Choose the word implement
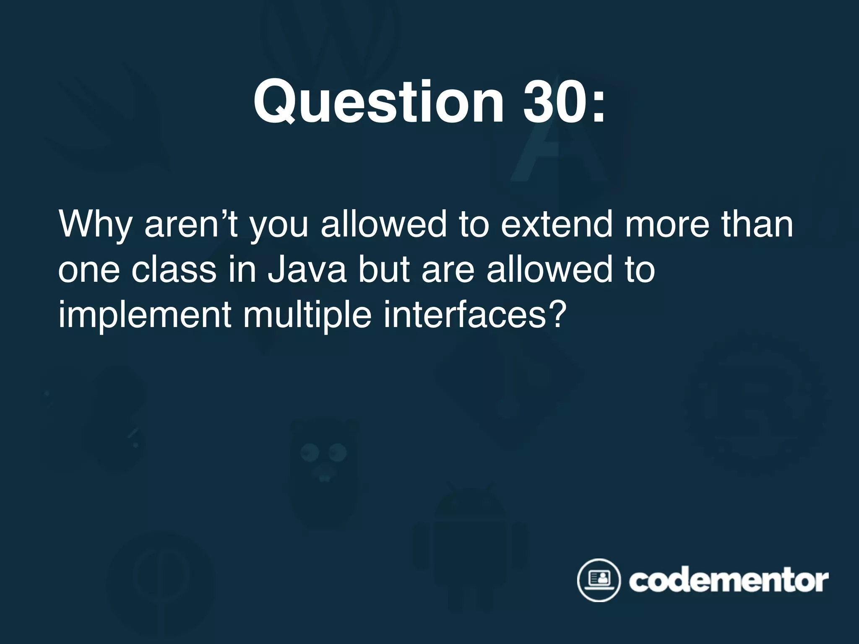tap(145, 315)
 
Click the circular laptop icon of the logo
tap(598, 580)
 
